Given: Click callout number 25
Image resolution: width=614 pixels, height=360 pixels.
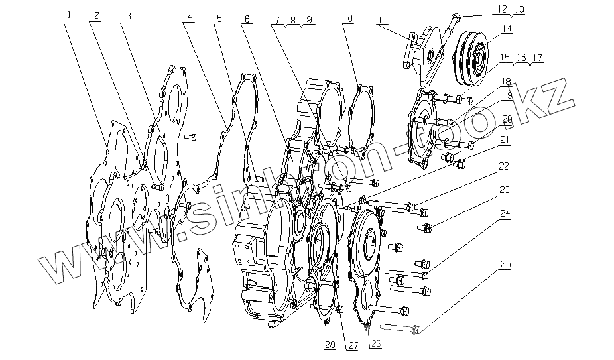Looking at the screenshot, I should point(505,265).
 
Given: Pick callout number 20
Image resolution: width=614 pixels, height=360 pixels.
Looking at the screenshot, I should point(506,119).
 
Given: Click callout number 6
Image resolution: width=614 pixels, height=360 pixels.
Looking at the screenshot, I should point(247,19).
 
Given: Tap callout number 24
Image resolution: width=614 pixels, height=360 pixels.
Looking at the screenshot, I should point(505,214).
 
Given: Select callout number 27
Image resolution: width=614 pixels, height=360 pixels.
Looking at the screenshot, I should point(353,344).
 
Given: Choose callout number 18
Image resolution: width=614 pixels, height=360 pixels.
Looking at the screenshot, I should point(506,82).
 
